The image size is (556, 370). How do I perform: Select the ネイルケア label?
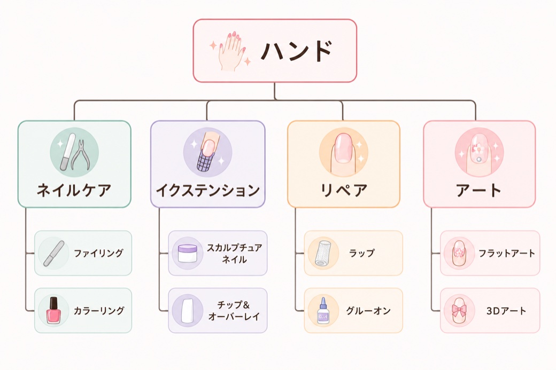click(x=74, y=190)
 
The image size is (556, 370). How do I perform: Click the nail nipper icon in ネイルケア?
click(x=81, y=155)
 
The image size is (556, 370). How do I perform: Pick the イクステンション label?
click(x=208, y=190)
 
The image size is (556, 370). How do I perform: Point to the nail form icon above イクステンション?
click(x=207, y=152)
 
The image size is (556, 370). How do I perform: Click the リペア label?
click(x=343, y=190)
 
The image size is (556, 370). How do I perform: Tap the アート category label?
click(x=478, y=190)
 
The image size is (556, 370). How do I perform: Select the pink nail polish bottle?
click(x=53, y=310)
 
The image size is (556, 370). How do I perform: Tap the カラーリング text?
click(x=98, y=311)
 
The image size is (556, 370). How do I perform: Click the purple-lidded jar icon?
click(x=187, y=253)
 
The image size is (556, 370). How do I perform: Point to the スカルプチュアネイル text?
click(x=234, y=253)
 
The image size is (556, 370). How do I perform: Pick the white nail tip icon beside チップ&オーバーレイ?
click(x=187, y=311)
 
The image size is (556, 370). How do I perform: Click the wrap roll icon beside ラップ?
click(x=323, y=253)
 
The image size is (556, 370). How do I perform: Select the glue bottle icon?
click(x=323, y=311)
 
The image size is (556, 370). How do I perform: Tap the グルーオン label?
click(x=368, y=311)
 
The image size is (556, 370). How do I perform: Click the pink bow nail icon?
click(x=459, y=311)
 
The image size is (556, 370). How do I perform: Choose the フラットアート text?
click(x=507, y=253)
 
